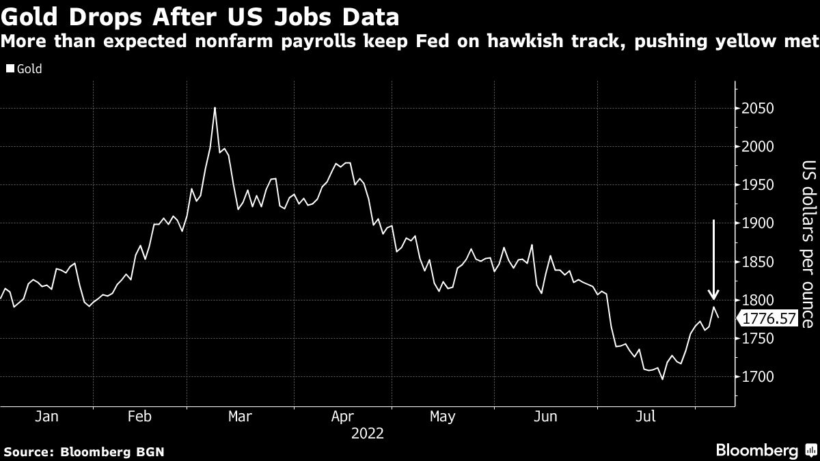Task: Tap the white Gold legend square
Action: pos(10,69)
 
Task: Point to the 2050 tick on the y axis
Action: pos(758,109)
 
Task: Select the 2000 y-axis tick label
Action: pos(758,147)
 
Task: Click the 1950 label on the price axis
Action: pos(758,185)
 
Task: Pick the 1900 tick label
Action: pos(758,223)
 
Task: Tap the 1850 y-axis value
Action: pos(758,262)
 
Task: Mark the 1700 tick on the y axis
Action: pos(758,377)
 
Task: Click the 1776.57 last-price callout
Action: pos(768,318)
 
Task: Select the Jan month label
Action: pos(46,417)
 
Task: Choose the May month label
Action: pos(443,417)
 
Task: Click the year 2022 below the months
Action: pos(367,433)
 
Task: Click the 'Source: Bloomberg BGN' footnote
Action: pos(84,451)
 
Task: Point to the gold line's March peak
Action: pos(215,108)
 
